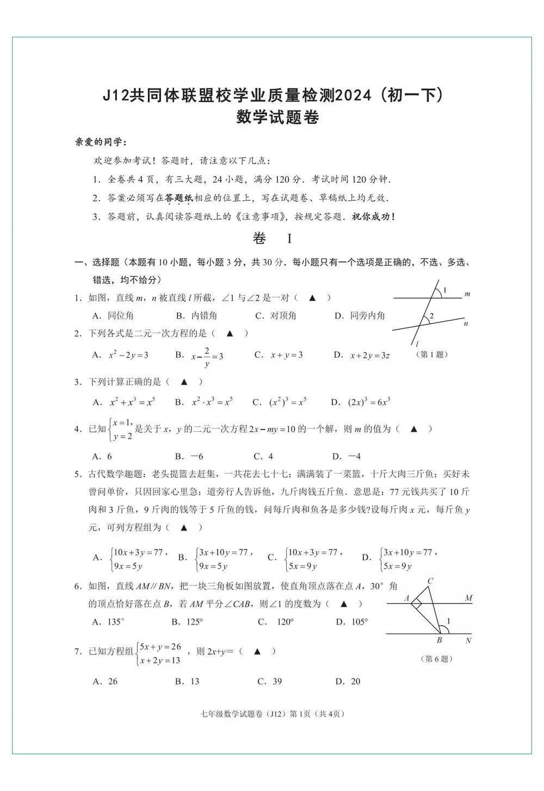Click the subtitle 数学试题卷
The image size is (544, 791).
277,117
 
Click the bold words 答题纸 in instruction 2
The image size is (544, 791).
179,198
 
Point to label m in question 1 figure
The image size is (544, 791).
467,294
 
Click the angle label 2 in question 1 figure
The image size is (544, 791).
431,316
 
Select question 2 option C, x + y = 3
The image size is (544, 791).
286,355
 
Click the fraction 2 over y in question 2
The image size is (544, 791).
207,357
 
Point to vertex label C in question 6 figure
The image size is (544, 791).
430,581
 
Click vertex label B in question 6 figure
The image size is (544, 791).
440,641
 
